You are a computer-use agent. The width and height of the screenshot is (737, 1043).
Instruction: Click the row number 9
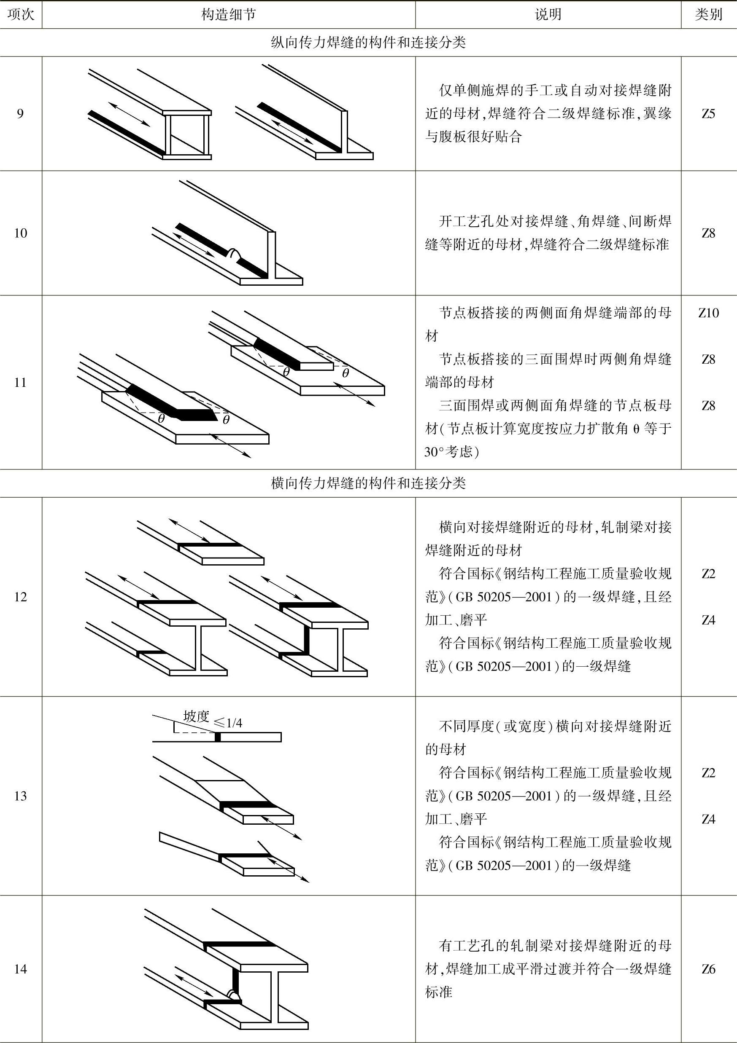20,113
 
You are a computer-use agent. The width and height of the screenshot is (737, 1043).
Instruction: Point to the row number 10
20,233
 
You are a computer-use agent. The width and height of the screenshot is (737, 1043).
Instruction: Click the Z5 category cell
708,113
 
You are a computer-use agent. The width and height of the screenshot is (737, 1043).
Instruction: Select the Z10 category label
708,313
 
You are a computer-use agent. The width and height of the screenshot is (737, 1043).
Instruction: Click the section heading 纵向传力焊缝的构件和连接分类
368,43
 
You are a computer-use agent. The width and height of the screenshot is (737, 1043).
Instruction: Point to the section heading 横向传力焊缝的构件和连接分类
368,483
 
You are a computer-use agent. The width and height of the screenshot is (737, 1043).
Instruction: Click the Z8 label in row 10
708,233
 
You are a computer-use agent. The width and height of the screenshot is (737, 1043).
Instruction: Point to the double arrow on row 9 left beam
130,113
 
